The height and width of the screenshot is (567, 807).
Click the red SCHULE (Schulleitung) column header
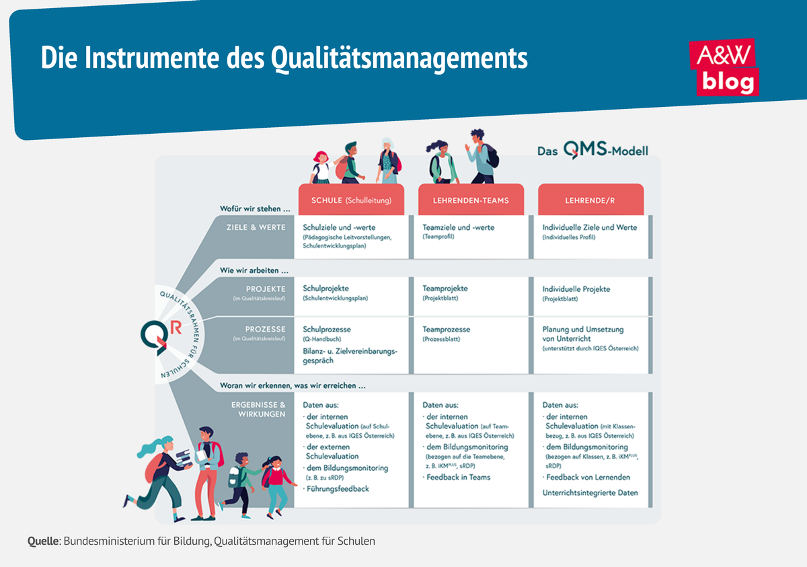point(350,200)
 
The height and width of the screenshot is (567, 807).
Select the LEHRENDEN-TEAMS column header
point(470,200)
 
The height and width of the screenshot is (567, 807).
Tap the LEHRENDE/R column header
point(590,200)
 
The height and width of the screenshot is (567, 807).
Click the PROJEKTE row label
point(266,289)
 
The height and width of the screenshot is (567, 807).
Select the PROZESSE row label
point(266,330)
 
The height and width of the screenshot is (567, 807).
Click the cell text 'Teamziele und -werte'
point(458,227)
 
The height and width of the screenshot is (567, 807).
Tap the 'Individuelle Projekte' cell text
point(576,289)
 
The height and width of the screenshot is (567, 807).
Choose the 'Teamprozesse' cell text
point(446,330)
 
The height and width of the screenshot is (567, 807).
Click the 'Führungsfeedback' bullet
point(338,489)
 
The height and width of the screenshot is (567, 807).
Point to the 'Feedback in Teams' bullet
point(459,478)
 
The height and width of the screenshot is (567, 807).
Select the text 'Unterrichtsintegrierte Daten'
point(590,493)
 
